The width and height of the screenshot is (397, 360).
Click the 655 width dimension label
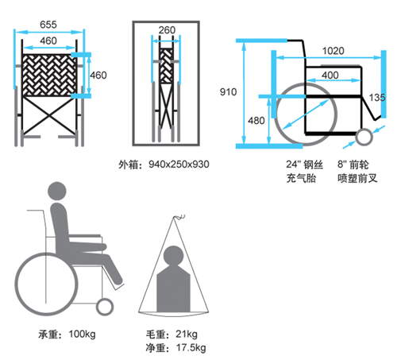tap(48, 25)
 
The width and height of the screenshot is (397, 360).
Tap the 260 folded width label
tap(167, 30)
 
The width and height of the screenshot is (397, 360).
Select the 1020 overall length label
tap(333, 51)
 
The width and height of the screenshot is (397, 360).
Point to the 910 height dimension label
tap(228, 92)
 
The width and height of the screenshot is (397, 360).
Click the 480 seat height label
tap(256, 121)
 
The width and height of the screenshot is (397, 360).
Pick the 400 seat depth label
tap(330, 75)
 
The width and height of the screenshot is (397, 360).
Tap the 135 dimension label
tap(377, 98)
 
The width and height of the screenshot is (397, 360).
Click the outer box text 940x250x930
tap(179, 165)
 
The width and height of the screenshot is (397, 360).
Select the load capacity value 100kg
tap(82, 334)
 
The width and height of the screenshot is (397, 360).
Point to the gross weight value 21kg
tap(187, 334)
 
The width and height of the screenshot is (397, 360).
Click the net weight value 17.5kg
tap(191, 347)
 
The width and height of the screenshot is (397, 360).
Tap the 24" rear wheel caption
tap(304, 172)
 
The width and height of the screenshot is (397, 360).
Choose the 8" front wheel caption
tap(357, 172)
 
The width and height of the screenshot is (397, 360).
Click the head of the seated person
tap(57, 191)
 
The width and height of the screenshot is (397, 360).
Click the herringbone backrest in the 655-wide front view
tap(49, 75)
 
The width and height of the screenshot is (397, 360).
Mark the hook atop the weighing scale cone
tap(179, 217)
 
